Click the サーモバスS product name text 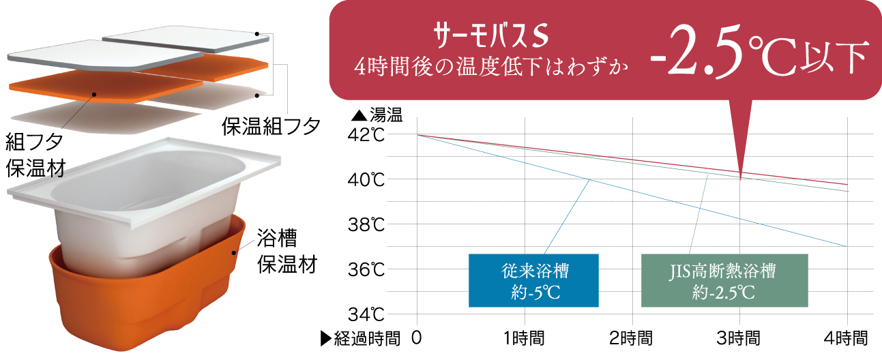click(x=490, y=35)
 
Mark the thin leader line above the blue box click(x=566, y=218)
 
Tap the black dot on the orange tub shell click(x=233, y=253)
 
